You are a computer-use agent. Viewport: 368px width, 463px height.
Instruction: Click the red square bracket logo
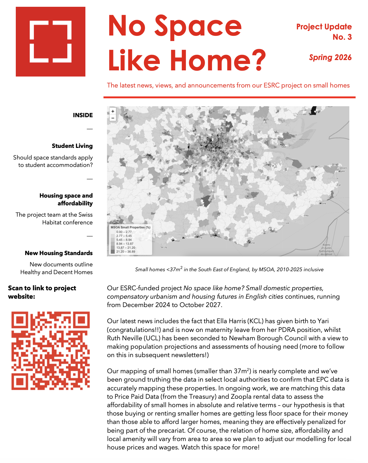point(51,42)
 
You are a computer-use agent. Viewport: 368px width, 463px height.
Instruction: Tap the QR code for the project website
point(51,350)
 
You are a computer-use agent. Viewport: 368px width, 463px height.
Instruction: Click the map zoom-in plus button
point(113,111)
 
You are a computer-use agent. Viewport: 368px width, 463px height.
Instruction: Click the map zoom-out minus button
point(113,118)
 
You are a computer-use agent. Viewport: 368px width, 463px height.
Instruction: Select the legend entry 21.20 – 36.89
point(125,252)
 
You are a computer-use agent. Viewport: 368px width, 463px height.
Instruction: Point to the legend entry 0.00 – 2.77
point(124,232)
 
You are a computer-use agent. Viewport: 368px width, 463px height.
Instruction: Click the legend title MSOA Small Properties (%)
point(131,227)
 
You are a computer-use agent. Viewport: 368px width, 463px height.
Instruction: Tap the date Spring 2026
point(330,57)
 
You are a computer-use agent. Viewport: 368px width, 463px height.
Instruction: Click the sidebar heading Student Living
point(72,146)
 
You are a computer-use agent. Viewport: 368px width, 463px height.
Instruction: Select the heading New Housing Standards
point(59,253)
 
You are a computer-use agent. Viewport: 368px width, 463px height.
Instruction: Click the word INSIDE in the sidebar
point(83,115)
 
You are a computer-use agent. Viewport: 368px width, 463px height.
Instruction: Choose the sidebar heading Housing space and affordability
point(66,200)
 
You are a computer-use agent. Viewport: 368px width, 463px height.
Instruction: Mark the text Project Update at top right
point(324,27)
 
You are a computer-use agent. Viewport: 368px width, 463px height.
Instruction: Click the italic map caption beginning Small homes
point(229,269)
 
